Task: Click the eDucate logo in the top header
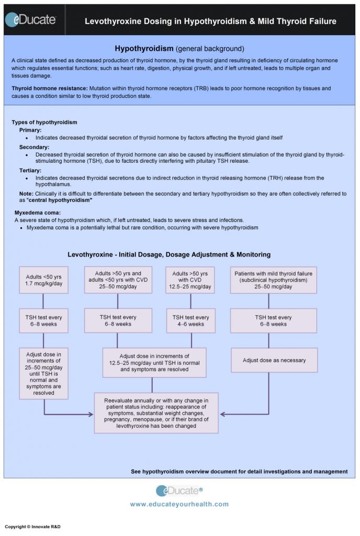30,20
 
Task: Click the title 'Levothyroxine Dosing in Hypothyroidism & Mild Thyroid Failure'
210,21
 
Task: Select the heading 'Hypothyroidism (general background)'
179,48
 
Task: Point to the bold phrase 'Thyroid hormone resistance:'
50,88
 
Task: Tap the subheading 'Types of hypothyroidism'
44,122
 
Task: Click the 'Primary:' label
30,129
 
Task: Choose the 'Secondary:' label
33,147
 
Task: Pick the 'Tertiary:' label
30,170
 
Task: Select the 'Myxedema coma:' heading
37,212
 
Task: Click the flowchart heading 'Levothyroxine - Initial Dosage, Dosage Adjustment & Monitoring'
169,254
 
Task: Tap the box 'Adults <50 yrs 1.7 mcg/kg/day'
43,280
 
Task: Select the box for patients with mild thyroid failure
274,280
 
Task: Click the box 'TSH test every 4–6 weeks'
191,320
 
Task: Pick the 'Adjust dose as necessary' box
274,360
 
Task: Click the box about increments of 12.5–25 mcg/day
154,362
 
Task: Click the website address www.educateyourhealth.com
179,504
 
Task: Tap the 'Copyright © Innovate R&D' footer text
32,526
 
